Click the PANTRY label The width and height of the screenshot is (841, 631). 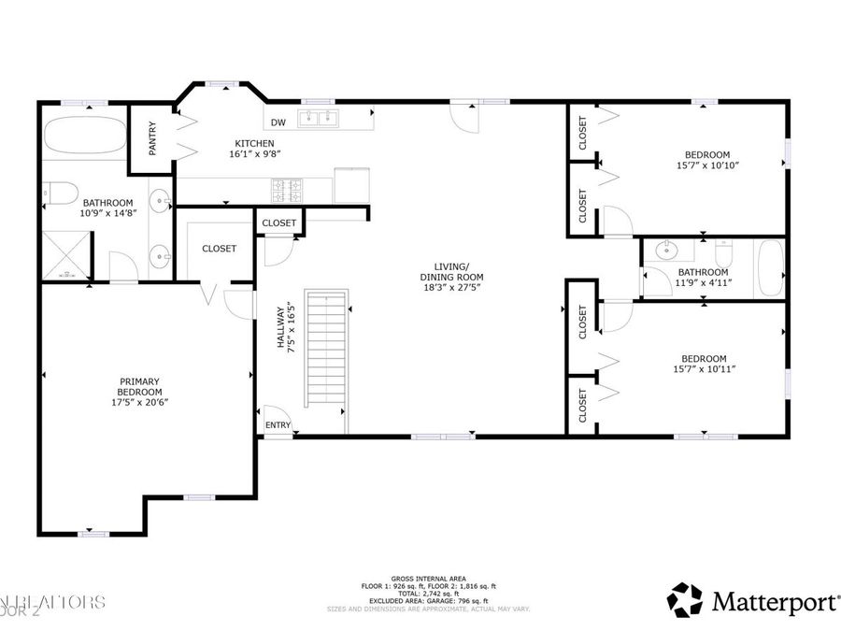click(x=151, y=137)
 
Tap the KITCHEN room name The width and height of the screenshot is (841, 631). click(x=254, y=143)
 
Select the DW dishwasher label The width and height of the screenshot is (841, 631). click(x=278, y=122)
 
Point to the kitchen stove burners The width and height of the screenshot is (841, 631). click(x=287, y=190)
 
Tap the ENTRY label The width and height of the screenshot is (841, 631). click(x=278, y=425)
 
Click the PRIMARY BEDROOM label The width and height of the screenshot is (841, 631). click(x=139, y=386)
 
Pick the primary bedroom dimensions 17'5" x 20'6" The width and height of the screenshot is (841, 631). click(x=139, y=402)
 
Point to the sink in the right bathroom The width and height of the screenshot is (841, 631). click(x=667, y=251)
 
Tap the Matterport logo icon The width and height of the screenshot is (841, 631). click(x=685, y=599)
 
